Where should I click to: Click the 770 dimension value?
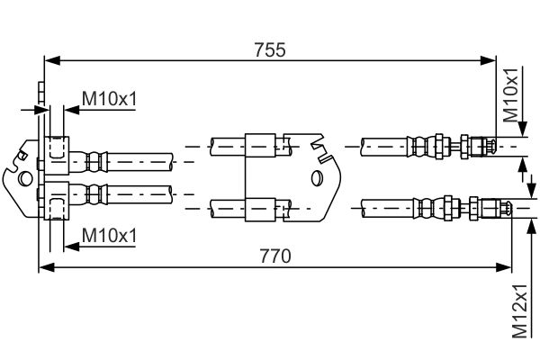[275, 256]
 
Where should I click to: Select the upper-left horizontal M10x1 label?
[109, 98]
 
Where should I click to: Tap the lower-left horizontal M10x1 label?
[109, 236]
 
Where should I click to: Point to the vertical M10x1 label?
[510, 95]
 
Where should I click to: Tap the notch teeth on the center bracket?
[316, 144]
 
